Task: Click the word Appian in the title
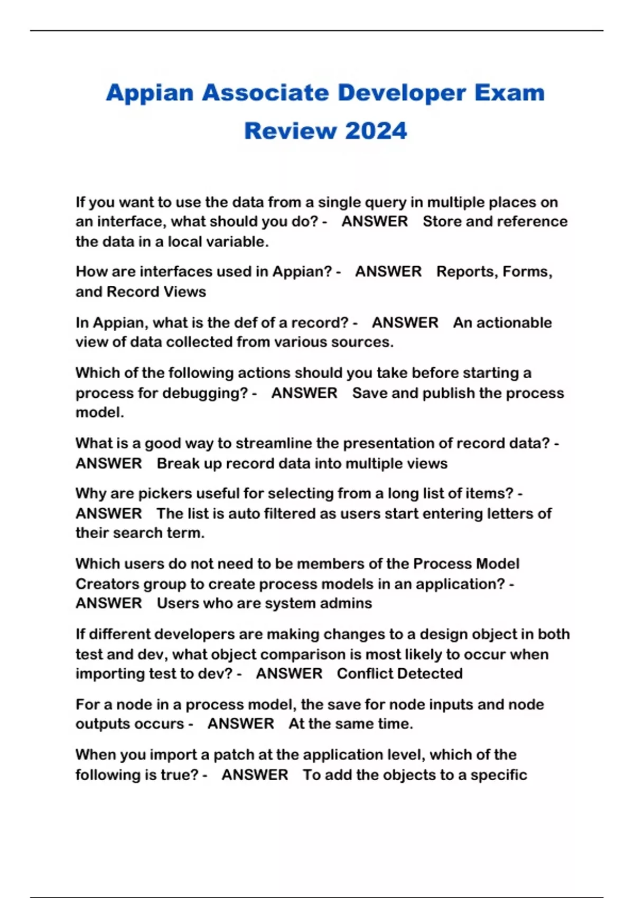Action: click(x=150, y=93)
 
